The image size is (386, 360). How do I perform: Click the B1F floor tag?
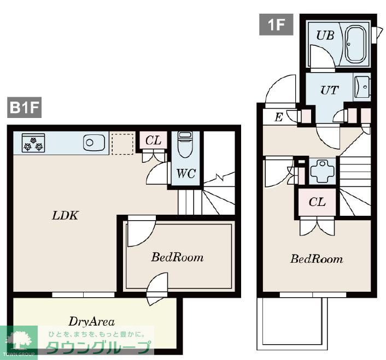[24, 107]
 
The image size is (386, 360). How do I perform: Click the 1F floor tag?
[276, 25]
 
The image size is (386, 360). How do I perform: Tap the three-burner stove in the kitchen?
[33, 143]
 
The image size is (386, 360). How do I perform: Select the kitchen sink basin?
[93, 143]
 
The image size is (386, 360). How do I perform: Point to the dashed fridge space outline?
[123, 144]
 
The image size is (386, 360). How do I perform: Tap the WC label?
[186, 174]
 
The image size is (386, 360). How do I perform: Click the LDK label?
[65, 216]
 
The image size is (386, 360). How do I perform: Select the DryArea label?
[91, 322]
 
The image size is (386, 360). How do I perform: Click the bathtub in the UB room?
[355, 44]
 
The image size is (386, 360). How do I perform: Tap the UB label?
[325, 36]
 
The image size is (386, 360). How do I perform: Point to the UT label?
[330, 90]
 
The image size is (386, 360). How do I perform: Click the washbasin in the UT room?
[362, 87]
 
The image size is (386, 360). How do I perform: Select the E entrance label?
[278, 117]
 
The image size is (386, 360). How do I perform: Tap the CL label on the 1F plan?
[317, 202]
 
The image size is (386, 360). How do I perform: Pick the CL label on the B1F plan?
[153, 140]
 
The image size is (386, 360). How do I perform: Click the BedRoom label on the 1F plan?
[317, 259]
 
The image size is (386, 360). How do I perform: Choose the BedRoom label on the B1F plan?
[177, 257]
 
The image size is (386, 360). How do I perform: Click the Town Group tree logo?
[19, 340]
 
